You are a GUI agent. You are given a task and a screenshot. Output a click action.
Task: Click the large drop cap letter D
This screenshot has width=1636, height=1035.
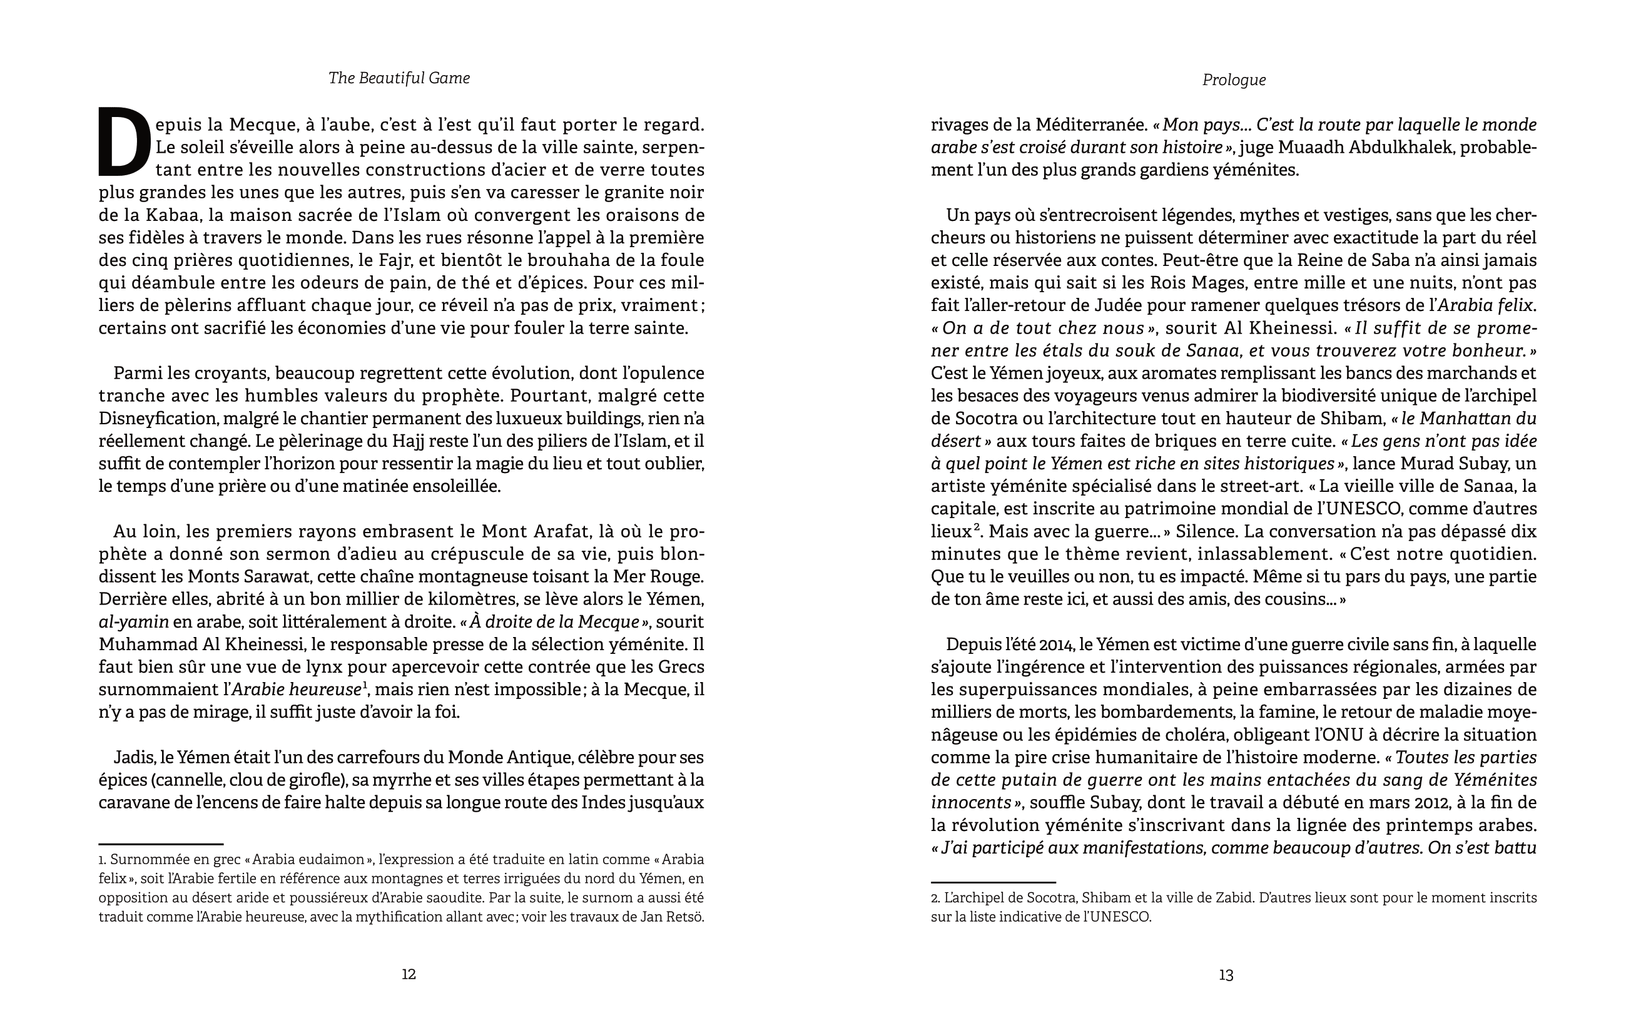click(x=124, y=141)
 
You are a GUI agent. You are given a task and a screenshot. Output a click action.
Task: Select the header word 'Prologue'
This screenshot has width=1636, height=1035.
click(x=1234, y=80)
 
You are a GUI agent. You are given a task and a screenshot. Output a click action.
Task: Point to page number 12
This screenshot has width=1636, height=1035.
click(x=409, y=974)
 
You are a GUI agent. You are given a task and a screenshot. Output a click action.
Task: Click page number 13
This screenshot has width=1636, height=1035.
click(x=1226, y=975)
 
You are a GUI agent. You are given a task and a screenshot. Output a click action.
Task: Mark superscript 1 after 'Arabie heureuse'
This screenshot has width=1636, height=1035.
click(x=365, y=685)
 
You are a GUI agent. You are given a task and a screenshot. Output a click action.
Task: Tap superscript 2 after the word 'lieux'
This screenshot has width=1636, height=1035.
click(x=975, y=527)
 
